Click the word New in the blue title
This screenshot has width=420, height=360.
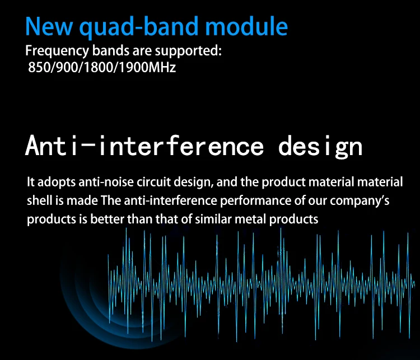pos(49,26)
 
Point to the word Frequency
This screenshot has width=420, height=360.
pos(57,51)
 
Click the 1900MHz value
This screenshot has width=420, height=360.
pos(147,67)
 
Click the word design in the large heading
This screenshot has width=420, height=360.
pos(320,147)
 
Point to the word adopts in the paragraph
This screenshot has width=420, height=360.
pos(57,182)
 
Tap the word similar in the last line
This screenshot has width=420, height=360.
pos(213,219)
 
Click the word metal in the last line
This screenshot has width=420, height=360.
pos(250,219)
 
